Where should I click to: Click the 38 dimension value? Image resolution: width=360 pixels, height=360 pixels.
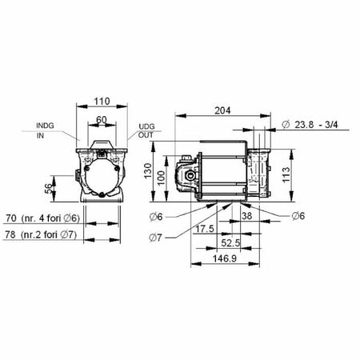coord(248,214)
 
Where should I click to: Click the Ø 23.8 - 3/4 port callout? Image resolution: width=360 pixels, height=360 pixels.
coord(314,125)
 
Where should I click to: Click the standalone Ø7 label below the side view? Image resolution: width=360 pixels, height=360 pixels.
coord(157,236)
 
